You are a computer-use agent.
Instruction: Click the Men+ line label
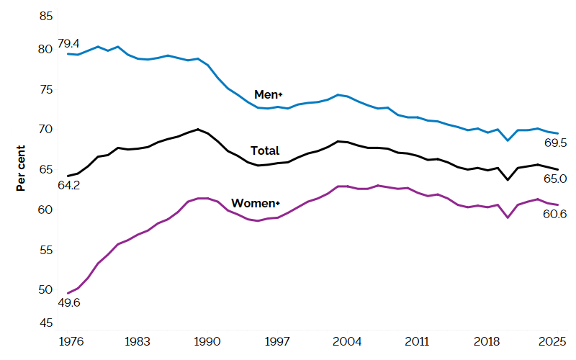pos(269,95)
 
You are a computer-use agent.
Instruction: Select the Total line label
pos(264,150)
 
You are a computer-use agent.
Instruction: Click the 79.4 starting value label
pos(68,43)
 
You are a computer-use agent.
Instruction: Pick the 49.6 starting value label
pos(68,302)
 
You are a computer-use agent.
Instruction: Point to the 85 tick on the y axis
pos(45,17)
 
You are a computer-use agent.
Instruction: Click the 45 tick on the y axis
pos(45,323)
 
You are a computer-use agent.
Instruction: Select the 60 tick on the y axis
pos(45,210)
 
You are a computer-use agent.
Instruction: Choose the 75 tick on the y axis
pos(45,89)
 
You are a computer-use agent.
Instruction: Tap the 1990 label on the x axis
pos(207,341)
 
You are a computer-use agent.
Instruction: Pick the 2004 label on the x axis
pos(348,341)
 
